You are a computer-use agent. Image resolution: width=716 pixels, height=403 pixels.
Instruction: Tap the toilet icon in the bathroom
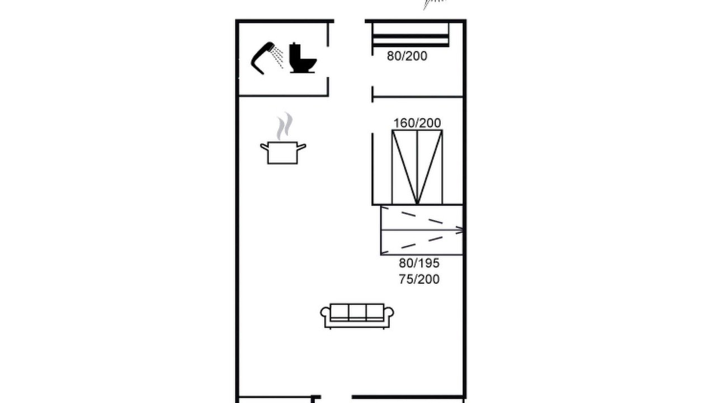click(302, 59)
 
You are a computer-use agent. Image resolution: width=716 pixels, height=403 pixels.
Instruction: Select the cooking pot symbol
click(283, 153)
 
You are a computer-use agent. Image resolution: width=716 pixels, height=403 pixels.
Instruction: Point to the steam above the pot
click(285, 126)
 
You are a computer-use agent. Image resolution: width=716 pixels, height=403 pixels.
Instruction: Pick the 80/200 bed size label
click(407, 57)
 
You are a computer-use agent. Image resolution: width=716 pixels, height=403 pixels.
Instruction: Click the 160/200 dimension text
click(417, 123)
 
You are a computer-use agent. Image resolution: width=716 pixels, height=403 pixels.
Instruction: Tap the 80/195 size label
click(419, 263)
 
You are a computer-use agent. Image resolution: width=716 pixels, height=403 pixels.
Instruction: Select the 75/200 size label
click(419, 279)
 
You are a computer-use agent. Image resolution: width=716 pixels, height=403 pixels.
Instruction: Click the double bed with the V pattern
click(417, 167)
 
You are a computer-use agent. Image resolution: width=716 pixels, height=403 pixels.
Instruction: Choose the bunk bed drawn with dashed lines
click(422, 230)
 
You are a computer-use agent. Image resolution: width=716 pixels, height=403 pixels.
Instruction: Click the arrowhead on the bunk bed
click(460, 230)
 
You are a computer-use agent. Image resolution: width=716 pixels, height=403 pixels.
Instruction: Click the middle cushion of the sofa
click(357, 312)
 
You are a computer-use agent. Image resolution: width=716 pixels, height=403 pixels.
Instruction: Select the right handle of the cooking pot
click(302, 147)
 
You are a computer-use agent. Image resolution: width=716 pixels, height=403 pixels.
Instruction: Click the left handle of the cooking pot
click(265, 147)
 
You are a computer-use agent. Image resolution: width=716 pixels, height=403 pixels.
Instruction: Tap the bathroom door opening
click(328, 62)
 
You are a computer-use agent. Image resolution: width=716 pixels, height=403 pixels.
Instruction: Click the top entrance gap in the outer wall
click(350, 21)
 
